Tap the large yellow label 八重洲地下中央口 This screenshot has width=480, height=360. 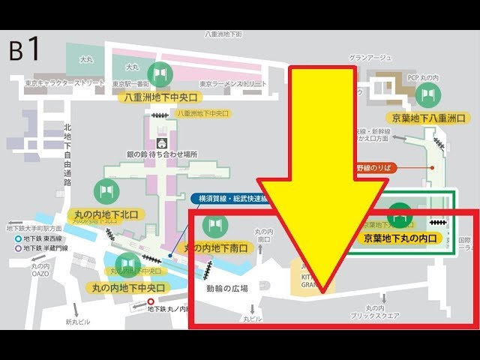click(x=160, y=97)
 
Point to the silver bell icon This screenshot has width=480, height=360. click(x=160, y=142)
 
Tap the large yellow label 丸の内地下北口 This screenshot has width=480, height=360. click(x=106, y=214)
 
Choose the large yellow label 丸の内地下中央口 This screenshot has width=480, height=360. click(x=127, y=286)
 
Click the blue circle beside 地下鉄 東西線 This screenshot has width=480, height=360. click(x=19, y=238)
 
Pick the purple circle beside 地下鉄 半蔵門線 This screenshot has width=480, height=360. click(x=19, y=248)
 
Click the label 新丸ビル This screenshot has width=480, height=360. click(x=77, y=322)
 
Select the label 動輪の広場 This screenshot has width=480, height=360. click(x=226, y=287)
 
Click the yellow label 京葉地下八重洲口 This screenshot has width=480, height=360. click(x=429, y=118)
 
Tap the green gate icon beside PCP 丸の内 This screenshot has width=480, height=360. click(x=428, y=94)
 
